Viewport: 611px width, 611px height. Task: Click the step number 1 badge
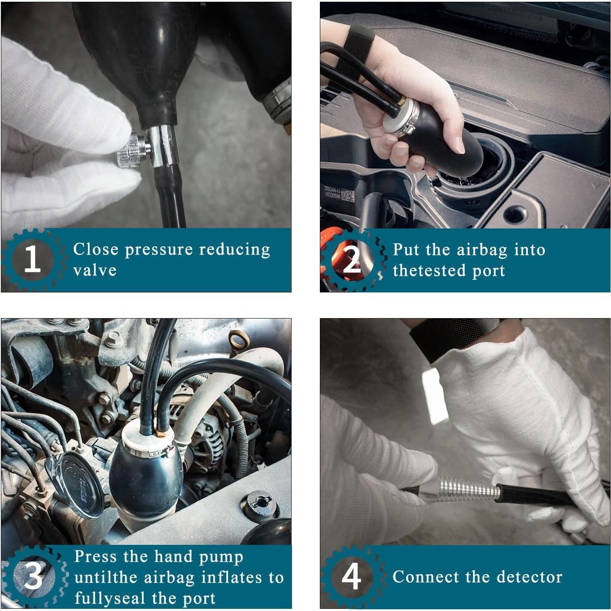pyautogui.click(x=33, y=258)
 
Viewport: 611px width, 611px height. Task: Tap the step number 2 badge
pyautogui.click(x=352, y=260)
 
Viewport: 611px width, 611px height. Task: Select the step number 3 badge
pyautogui.click(x=34, y=576)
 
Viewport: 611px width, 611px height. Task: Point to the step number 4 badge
pyautogui.click(x=352, y=576)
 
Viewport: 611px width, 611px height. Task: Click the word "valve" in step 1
pyautogui.click(x=95, y=270)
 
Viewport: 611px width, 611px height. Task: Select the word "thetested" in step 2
pyautogui.click(x=429, y=270)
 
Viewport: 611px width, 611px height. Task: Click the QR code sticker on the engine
pyautogui.click(x=348, y=196)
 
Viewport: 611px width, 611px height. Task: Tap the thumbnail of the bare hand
pyautogui.click(x=460, y=145)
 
